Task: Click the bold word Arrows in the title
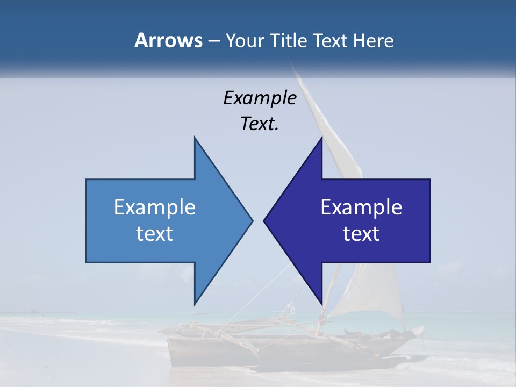[x=168, y=40]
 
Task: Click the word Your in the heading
[x=244, y=41]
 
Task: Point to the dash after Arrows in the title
[x=213, y=41]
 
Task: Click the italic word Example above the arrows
[x=260, y=98]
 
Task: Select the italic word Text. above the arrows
[x=260, y=124]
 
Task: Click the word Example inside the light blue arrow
[x=155, y=207]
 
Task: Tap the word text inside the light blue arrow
[x=155, y=234]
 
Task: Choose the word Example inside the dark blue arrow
[x=361, y=207]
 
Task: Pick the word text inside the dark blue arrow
[x=361, y=234]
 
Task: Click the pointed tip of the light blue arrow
[x=252, y=220]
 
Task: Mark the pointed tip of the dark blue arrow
[x=264, y=220]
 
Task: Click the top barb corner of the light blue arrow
[x=195, y=137]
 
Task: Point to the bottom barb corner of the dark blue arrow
[x=321, y=304]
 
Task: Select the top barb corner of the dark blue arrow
[x=321, y=137]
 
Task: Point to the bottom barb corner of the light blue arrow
[x=195, y=304]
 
